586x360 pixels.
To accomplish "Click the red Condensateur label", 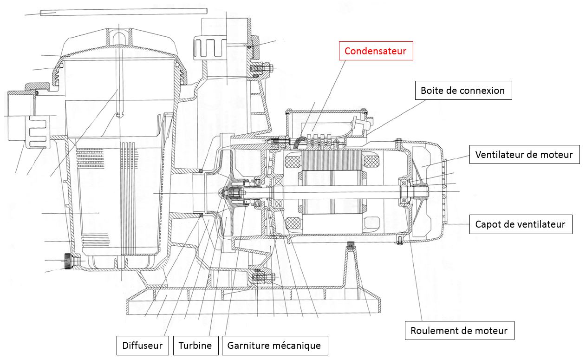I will pyautogui.click(x=376, y=51).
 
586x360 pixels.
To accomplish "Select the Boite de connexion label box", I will pyautogui.click(x=463, y=91).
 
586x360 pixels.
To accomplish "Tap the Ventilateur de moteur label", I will pyautogui.click(x=524, y=154).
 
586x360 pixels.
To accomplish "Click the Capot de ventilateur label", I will pyautogui.click(x=520, y=224).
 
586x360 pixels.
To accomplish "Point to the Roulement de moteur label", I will pyautogui.click(x=459, y=331).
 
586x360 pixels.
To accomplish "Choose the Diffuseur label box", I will pyautogui.click(x=142, y=346).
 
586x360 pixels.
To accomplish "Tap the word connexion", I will pyautogui.click(x=481, y=91).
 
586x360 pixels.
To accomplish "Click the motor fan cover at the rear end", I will pyautogui.click(x=430, y=190).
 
